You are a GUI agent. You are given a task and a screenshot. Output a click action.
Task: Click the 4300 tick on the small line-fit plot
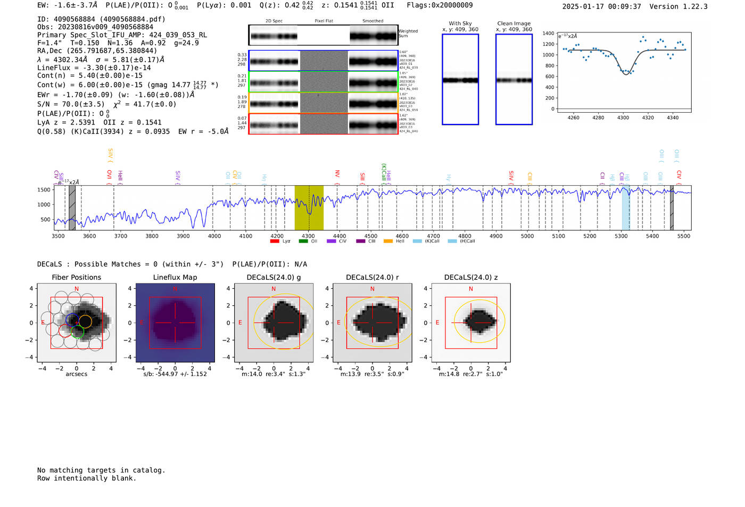point(623,118)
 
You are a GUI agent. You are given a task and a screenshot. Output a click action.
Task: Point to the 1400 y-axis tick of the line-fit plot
point(548,34)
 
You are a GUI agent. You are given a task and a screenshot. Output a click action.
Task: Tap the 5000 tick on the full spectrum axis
point(527,236)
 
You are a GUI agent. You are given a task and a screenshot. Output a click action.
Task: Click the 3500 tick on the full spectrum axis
point(58,236)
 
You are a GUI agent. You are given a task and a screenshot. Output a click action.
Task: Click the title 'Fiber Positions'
point(76,278)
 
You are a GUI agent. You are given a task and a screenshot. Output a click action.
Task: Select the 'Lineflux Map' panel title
point(175,278)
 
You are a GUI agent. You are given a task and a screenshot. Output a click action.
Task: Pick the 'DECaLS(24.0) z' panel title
point(470,278)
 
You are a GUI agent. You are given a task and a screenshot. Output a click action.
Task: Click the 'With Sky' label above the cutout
point(460,23)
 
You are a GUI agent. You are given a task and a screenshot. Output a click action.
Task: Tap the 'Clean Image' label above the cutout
point(514,23)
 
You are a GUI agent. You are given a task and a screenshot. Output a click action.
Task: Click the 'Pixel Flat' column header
point(324,21)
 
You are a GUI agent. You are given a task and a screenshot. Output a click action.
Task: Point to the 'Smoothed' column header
point(372,21)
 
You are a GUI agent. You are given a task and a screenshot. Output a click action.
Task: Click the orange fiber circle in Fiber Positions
point(85,321)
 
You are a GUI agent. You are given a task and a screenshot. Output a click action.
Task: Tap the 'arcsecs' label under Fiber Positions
point(76,375)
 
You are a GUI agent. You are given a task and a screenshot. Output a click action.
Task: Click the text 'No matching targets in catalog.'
point(101,470)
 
